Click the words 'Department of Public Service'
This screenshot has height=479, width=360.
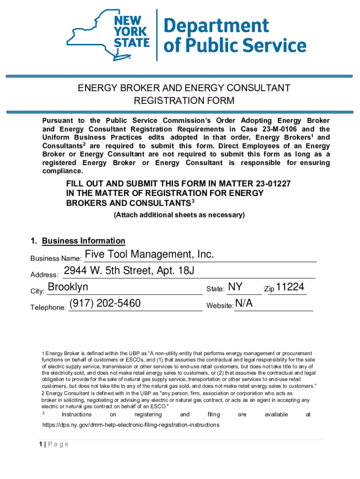pos(235,36)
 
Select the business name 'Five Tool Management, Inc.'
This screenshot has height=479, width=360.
pos(149,254)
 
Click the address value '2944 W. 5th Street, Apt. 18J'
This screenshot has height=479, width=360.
pos(129,271)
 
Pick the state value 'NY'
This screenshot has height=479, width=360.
pos(235,287)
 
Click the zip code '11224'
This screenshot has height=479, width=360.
pos(290,287)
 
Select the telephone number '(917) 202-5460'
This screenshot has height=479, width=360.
pos(105,304)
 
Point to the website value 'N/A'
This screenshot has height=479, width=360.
pos(244,304)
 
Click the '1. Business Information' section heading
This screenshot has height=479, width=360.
pos(78,241)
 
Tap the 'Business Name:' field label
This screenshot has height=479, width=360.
pos(56,259)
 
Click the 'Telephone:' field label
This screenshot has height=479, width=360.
pos(48,307)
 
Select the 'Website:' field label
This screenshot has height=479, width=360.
pos(220,305)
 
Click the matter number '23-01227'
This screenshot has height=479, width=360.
pos(273,183)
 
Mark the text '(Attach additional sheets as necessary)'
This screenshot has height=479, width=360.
pos(180,215)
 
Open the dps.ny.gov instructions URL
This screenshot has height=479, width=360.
pos(130,425)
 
